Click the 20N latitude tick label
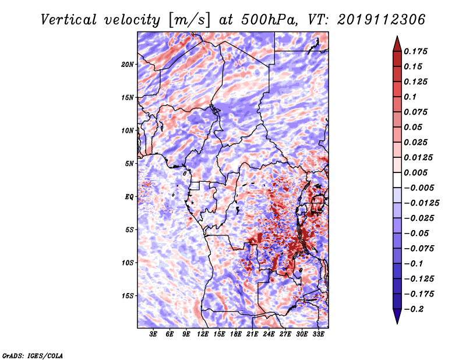tap(128, 64)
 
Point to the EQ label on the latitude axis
tap(129, 196)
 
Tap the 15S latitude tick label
tap(128, 295)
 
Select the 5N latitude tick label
tap(129, 163)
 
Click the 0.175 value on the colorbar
tap(418, 51)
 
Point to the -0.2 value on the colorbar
tap(415, 309)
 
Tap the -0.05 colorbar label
tap(418, 233)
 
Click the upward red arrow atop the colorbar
tap(397, 42)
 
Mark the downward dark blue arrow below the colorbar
tap(397, 317)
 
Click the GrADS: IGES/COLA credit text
tap(33, 355)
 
